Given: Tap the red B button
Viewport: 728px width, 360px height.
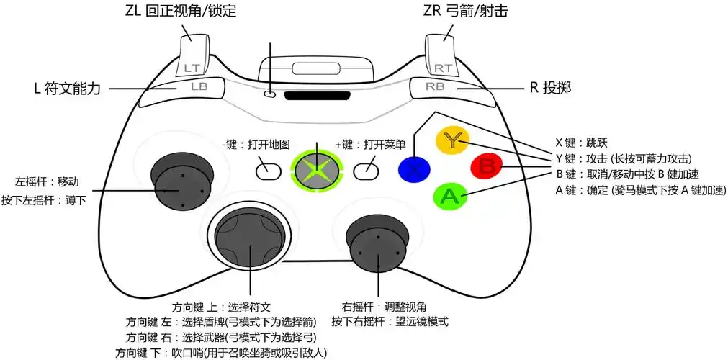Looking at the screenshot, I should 486,167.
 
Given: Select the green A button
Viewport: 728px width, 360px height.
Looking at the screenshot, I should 449,195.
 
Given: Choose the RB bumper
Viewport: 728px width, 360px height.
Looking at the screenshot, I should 435,86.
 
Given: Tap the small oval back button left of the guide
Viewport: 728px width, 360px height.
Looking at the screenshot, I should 267,170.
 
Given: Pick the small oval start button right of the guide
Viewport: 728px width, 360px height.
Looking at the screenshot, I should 366,170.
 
